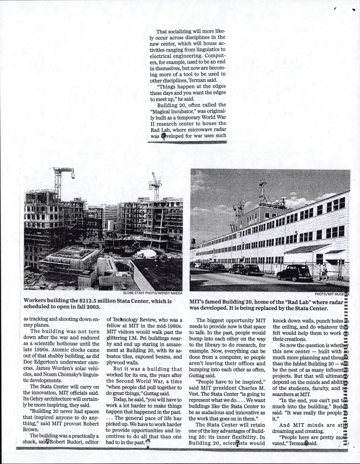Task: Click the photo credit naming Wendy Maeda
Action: click(x=152, y=293)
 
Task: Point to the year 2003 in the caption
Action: click(x=93, y=307)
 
